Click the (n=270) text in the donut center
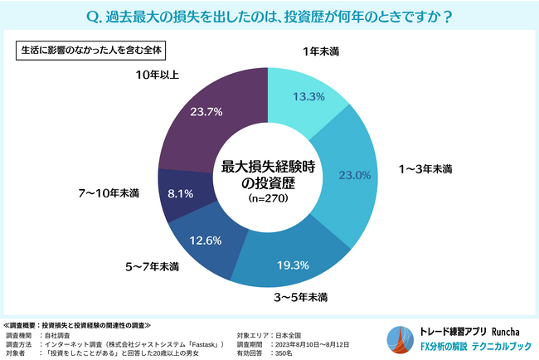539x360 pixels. pos(269,198)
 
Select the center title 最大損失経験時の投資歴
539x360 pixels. pos(269,173)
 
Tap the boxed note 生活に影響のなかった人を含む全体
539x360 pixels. pos(92,49)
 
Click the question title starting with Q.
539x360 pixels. pos(269,16)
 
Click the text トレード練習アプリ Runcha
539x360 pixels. pos(469,328)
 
